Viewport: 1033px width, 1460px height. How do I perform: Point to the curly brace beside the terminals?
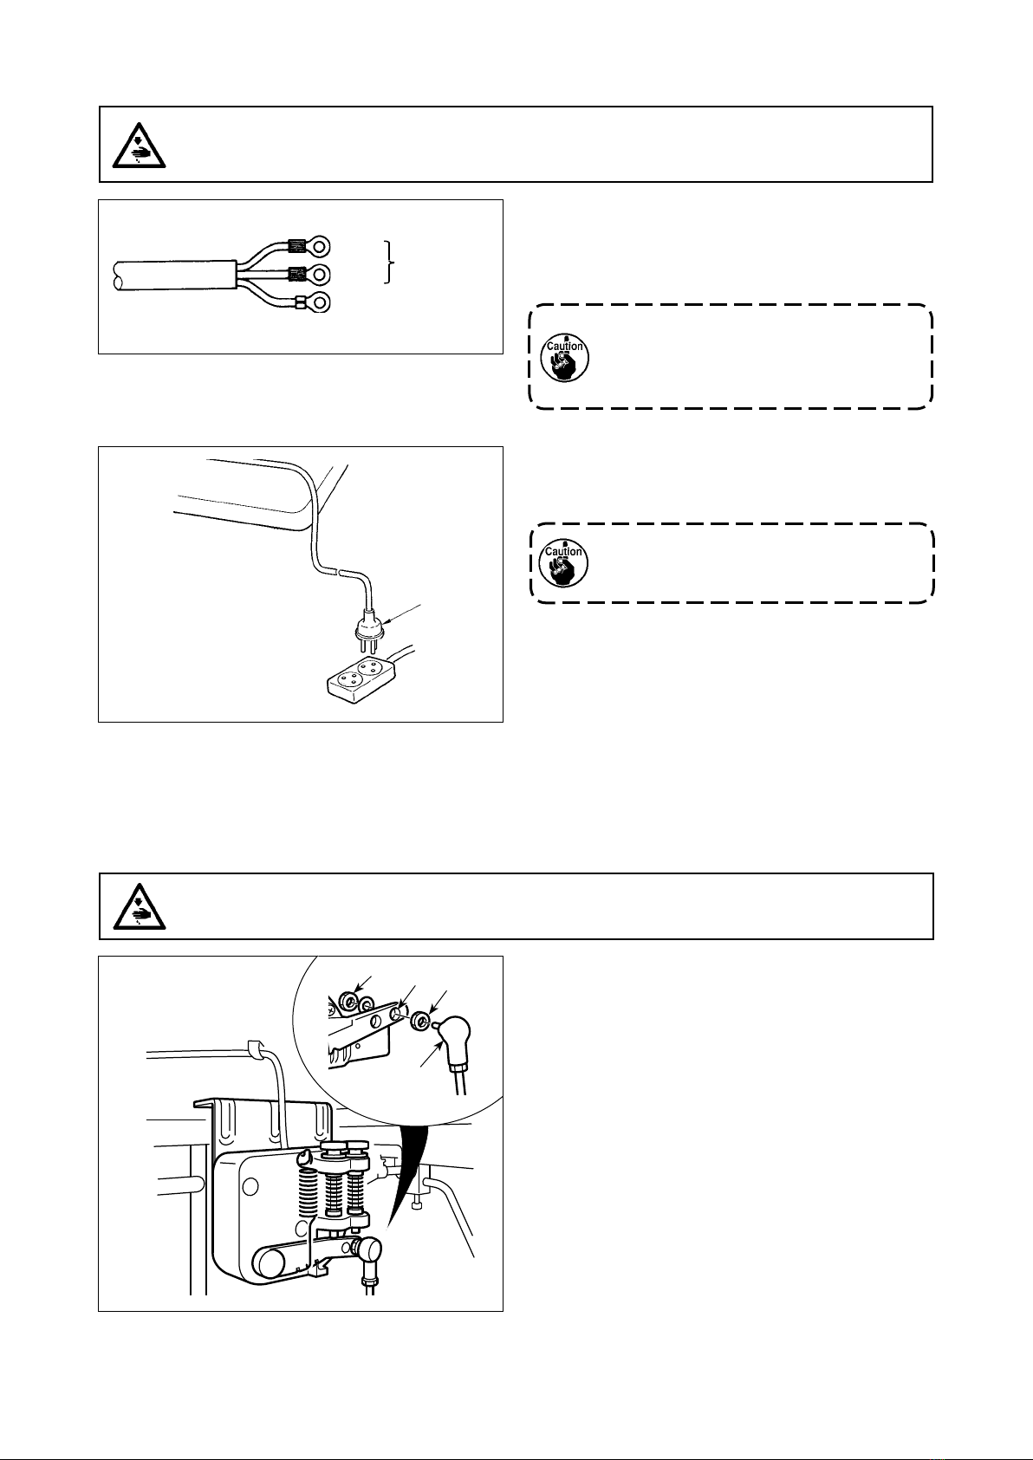click(390, 262)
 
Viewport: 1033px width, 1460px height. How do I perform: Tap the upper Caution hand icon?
click(564, 358)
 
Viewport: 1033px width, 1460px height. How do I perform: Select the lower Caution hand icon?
click(564, 563)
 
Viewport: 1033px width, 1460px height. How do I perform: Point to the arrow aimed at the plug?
click(404, 613)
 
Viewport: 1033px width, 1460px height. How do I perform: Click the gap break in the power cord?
click(339, 571)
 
